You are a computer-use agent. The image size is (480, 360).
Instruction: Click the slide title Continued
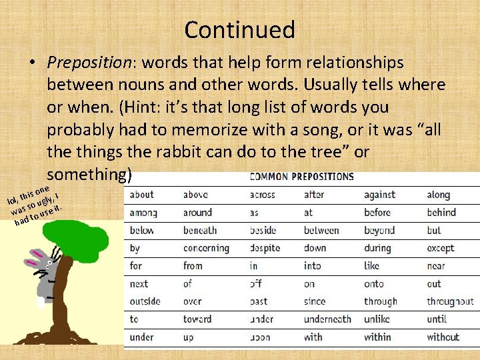(x=239, y=30)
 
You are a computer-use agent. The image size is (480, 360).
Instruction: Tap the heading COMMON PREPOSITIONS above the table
(x=301, y=177)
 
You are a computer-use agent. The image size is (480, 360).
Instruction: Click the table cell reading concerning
(x=206, y=248)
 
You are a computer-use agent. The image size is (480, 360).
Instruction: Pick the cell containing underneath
(x=327, y=319)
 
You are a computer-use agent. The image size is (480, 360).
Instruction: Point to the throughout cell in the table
(x=450, y=301)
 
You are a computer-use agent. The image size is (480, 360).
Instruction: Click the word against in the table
(x=379, y=195)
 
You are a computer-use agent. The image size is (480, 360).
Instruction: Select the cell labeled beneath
(x=200, y=230)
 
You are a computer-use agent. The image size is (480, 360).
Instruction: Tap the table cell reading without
(x=443, y=337)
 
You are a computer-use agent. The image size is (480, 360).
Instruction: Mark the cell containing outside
(x=145, y=301)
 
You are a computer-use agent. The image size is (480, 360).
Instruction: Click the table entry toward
(x=197, y=319)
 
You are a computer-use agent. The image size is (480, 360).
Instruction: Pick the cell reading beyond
(x=379, y=230)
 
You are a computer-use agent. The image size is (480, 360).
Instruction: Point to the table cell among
(x=143, y=213)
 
